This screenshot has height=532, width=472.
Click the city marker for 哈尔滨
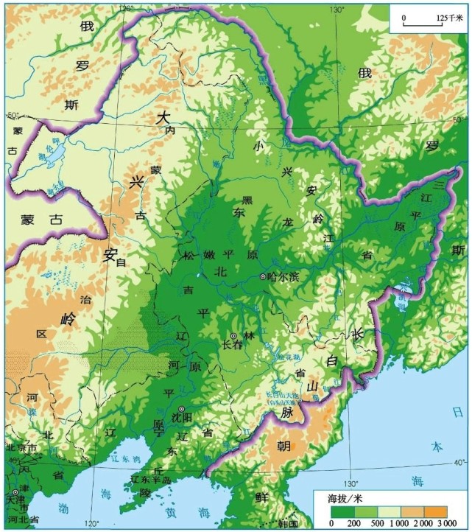[263, 277]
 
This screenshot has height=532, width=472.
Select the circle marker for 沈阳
[181, 410]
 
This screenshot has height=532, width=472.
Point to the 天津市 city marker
[15, 491]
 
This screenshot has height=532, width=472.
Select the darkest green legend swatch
[342, 511]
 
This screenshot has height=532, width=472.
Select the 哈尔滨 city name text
[283, 277]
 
